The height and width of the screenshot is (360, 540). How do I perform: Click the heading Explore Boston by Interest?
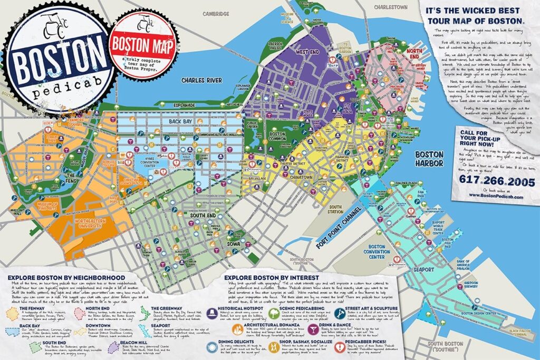(271, 277)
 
